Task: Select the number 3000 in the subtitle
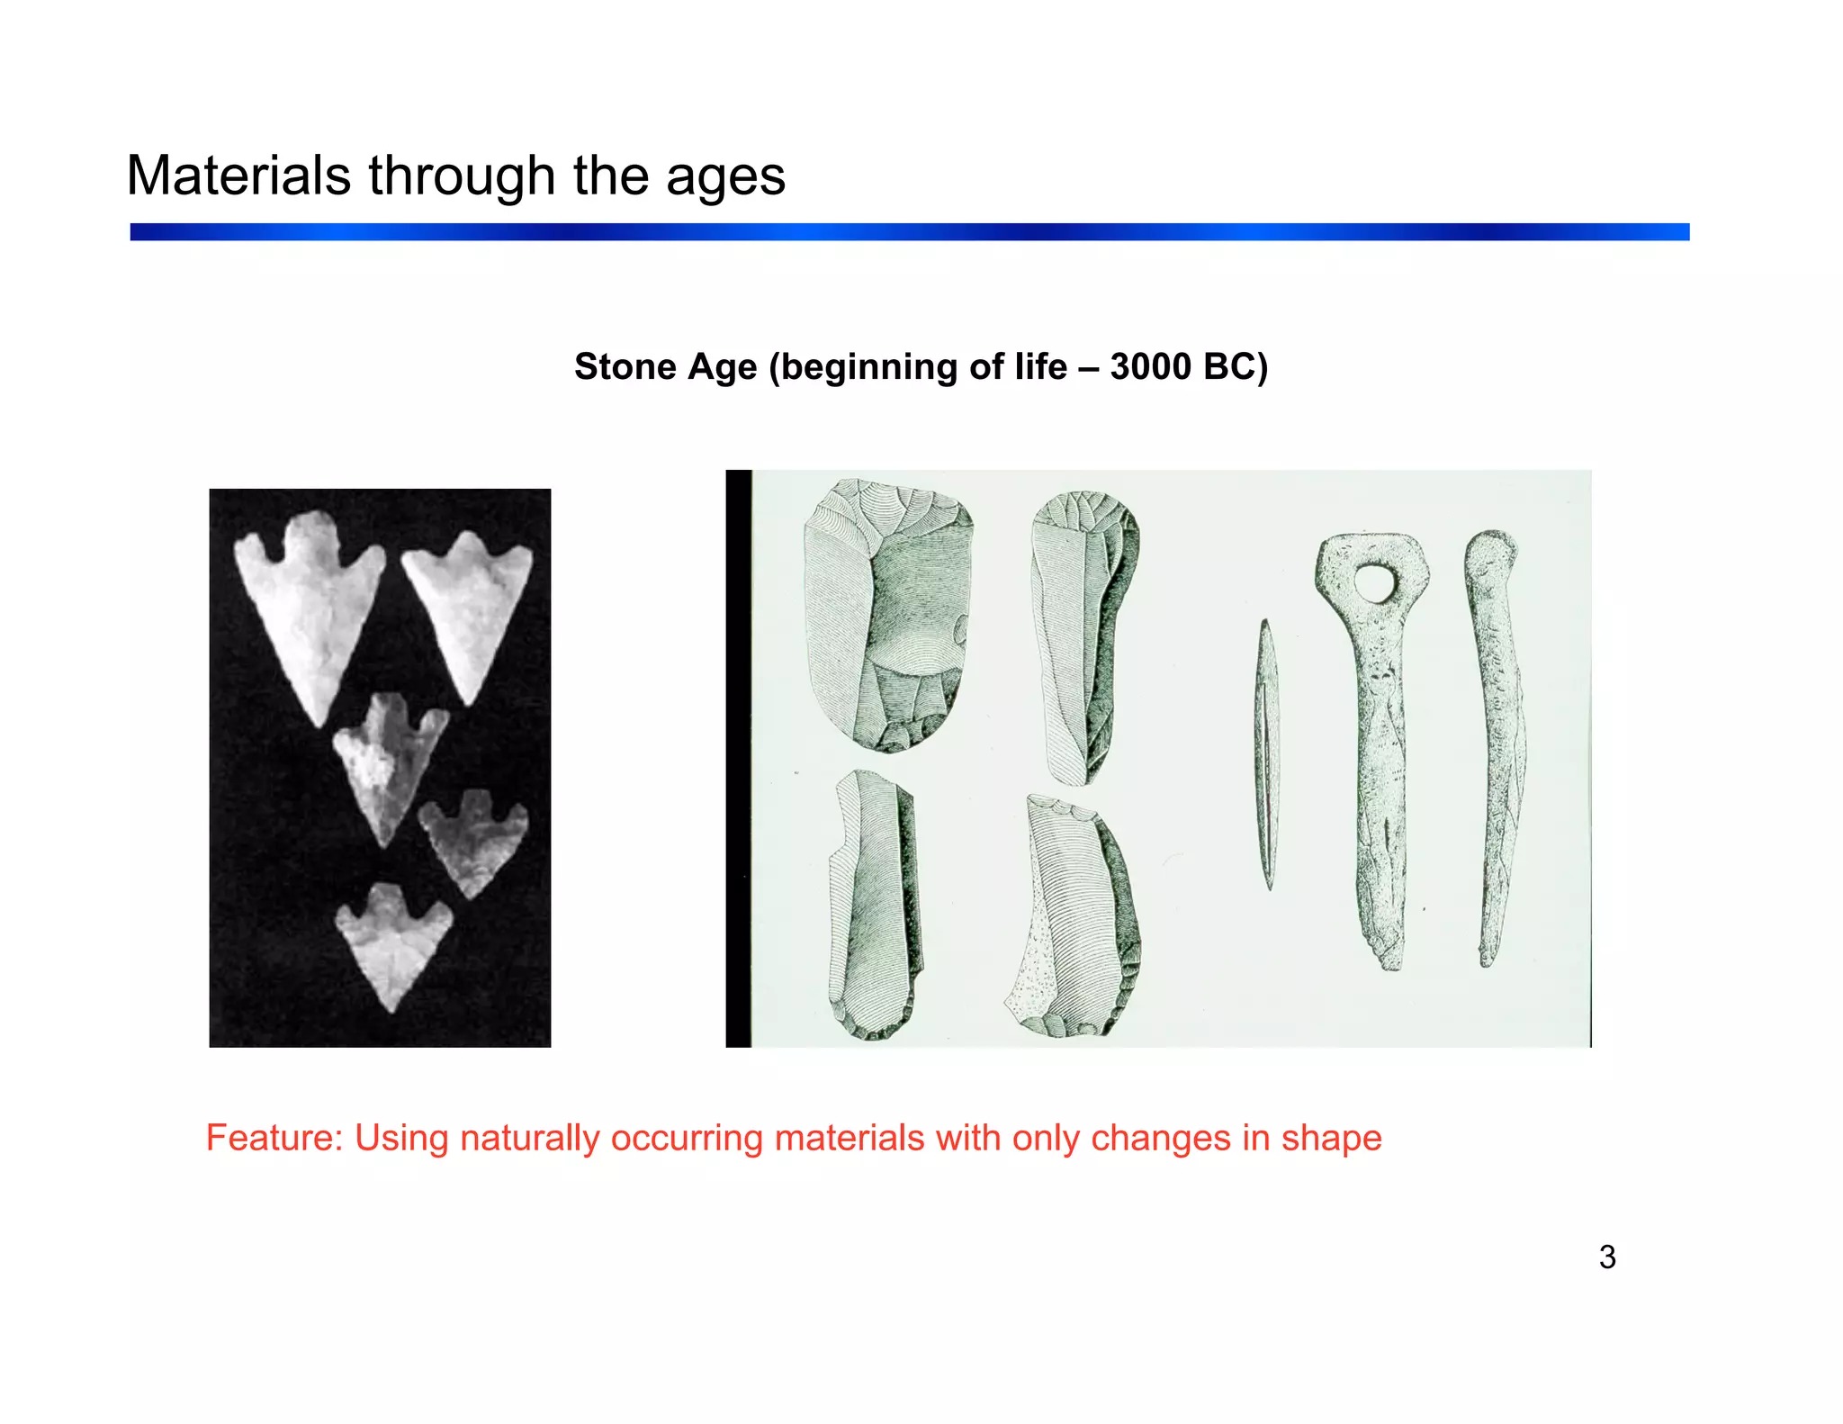click(x=1150, y=366)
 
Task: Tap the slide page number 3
click(x=1607, y=1257)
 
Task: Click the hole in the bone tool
click(x=1372, y=583)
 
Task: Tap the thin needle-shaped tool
click(x=1267, y=754)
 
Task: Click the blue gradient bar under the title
click(x=909, y=232)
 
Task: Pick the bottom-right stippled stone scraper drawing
click(x=1075, y=918)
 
